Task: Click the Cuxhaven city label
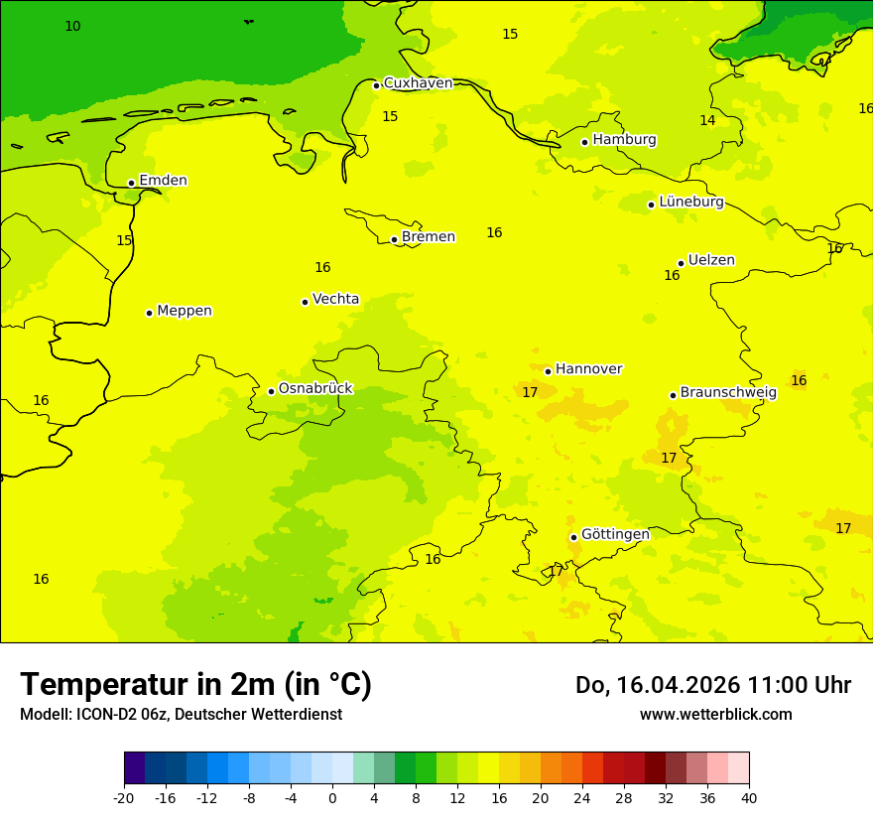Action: pyautogui.click(x=418, y=83)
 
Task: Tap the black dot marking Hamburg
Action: pyautogui.click(x=585, y=142)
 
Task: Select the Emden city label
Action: pyautogui.click(x=163, y=181)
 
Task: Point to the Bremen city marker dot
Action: pyautogui.click(x=394, y=239)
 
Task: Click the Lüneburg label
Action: pyautogui.click(x=691, y=202)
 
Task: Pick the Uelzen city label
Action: pyautogui.click(x=711, y=260)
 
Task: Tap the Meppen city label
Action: pyautogui.click(x=185, y=311)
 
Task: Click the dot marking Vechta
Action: pyautogui.click(x=305, y=302)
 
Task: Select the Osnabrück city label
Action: pyautogui.click(x=315, y=388)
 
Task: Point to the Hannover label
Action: pyautogui.click(x=588, y=369)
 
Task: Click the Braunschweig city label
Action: pyautogui.click(x=728, y=392)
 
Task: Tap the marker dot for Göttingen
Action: pyautogui.click(x=573, y=537)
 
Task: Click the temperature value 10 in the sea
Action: pyautogui.click(x=72, y=27)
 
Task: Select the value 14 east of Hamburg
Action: pyautogui.click(x=707, y=120)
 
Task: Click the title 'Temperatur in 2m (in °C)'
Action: pyautogui.click(x=195, y=684)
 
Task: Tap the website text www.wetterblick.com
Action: pyautogui.click(x=715, y=715)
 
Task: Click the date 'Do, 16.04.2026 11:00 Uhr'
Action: pyautogui.click(x=712, y=685)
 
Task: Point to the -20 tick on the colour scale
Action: pyautogui.click(x=124, y=797)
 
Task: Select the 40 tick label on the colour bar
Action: pyautogui.click(x=749, y=797)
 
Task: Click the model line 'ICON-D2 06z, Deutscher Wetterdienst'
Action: pyautogui.click(x=181, y=715)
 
